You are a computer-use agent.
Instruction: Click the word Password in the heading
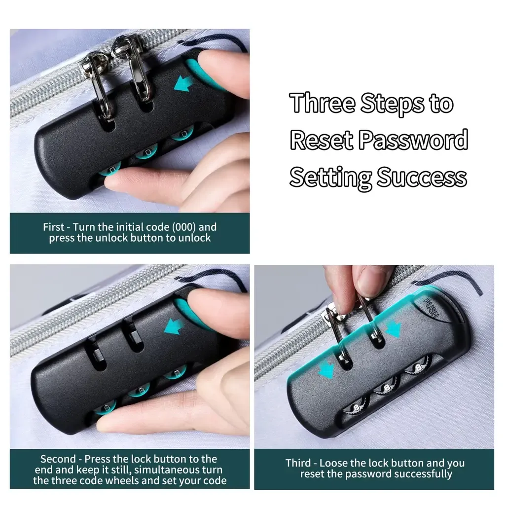tap(413, 140)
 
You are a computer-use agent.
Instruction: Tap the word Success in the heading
tap(422, 177)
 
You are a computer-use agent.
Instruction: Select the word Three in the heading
tap(323, 103)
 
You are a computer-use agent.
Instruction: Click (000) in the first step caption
tap(184, 227)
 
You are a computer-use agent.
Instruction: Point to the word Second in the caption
tap(58, 459)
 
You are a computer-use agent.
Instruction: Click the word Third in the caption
tap(298, 463)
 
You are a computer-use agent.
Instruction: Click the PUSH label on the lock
tap(431, 308)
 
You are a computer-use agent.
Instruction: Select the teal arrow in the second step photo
tap(174, 327)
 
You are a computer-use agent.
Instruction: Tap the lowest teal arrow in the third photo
tap(326, 369)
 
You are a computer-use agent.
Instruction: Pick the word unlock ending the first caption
tap(194, 238)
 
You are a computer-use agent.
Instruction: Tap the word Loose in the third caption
tap(333, 463)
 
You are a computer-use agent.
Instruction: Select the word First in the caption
tap(53, 227)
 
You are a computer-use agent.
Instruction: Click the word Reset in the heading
tap(322, 140)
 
